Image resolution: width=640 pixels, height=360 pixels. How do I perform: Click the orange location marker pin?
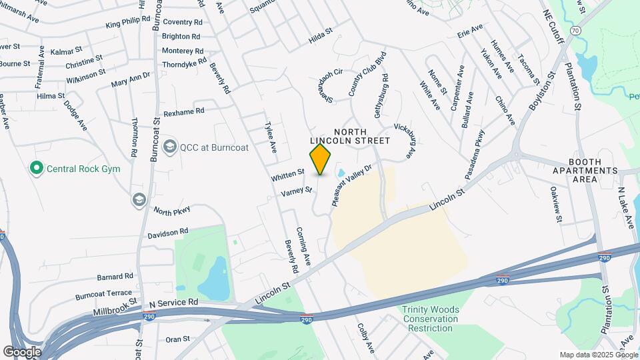(321, 159)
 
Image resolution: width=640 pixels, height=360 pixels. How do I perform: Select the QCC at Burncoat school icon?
(170, 147)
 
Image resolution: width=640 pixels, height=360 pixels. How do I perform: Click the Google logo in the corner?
(22, 351)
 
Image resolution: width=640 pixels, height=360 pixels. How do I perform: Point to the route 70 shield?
(575, 31)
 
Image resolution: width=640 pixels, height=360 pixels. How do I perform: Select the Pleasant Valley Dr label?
(353, 184)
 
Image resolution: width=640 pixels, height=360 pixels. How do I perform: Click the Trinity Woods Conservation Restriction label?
(430, 319)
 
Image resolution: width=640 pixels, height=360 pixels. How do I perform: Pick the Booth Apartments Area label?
(593, 171)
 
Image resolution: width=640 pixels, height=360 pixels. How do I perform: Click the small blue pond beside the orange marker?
(341, 173)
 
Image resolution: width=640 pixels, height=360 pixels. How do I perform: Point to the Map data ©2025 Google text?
(597, 355)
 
